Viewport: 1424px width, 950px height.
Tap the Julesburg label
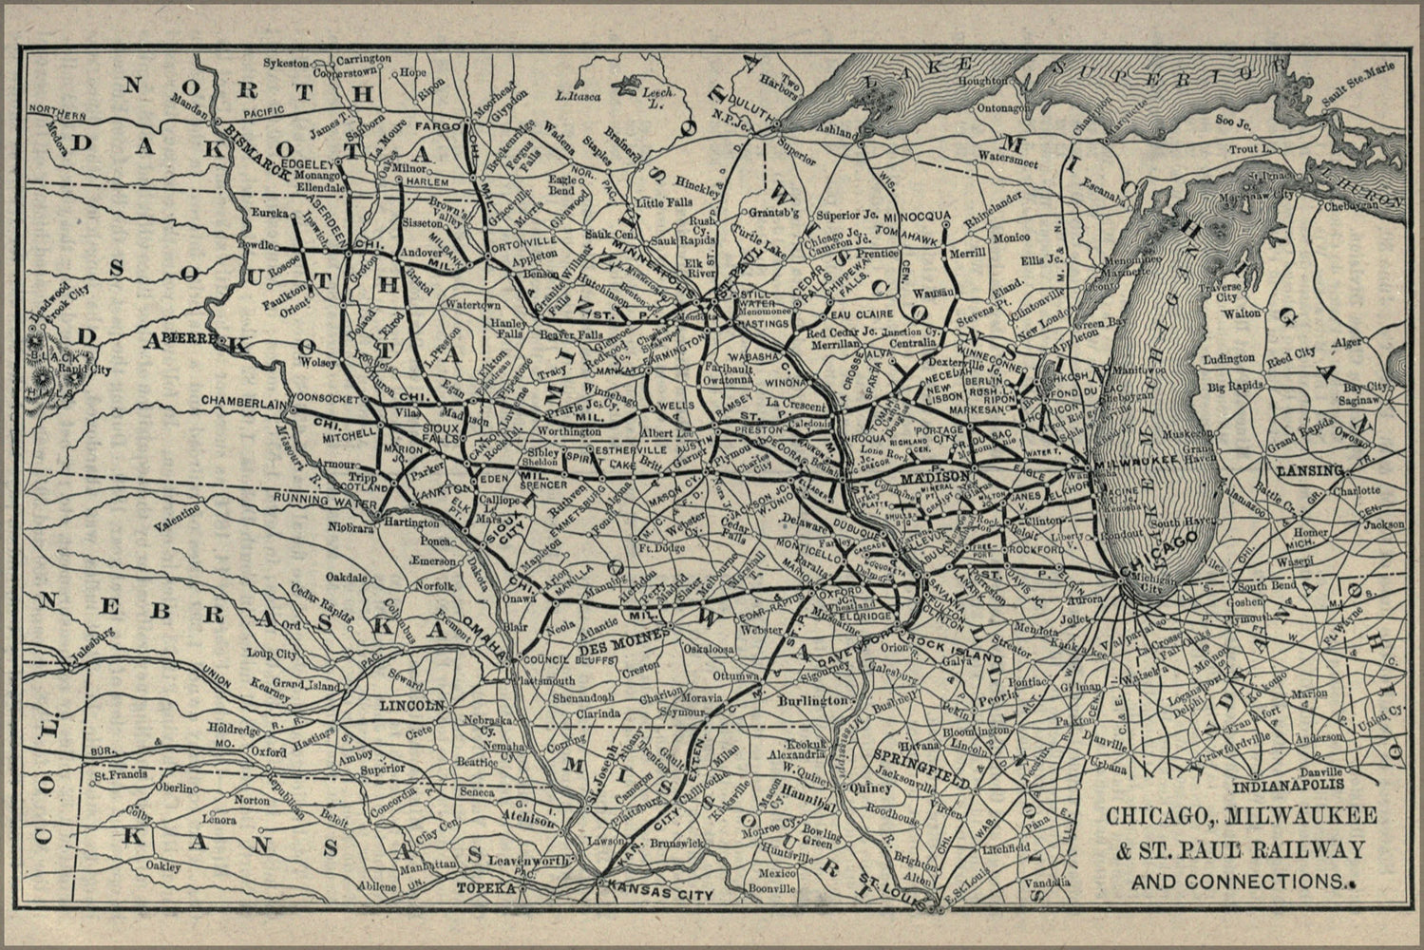click(87, 630)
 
